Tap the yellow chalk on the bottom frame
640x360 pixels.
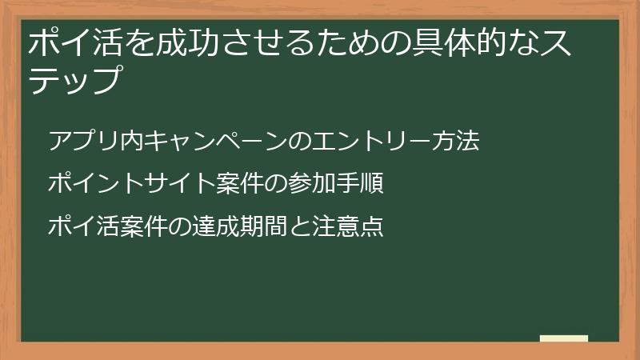(564, 339)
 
